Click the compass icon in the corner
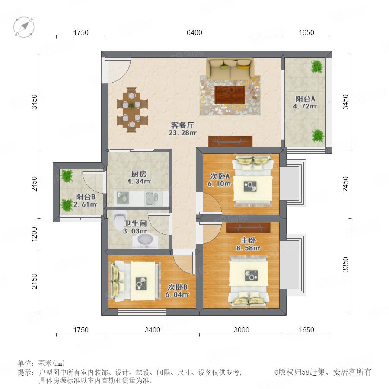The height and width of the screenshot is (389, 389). (x=24, y=27)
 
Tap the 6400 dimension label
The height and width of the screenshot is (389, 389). (x=194, y=32)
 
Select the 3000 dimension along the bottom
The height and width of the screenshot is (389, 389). (x=241, y=330)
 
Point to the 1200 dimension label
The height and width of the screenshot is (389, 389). (x=35, y=234)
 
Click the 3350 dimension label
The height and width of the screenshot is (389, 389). (x=345, y=265)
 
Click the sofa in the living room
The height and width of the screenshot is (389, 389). (x=230, y=68)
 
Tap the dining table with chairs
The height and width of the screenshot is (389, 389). (x=133, y=110)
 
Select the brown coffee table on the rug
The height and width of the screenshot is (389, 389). (x=230, y=95)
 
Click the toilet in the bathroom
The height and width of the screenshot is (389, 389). (x=119, y=219)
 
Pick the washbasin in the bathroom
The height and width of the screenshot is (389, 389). (x=145, y=240)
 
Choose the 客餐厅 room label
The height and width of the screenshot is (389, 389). (x=182, y=125)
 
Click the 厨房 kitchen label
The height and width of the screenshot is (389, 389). (x=139, y=174)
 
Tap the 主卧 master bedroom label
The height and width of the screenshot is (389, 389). (x=249, y=240)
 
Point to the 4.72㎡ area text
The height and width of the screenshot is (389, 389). (x=305, y=106)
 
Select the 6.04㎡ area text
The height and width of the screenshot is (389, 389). (x=177, y=294)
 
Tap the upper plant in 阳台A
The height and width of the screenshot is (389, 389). (x=317, y=66)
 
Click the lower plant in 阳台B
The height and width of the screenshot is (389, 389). (x=67, y=205)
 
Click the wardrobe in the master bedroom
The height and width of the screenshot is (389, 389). (x=248, y=228)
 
